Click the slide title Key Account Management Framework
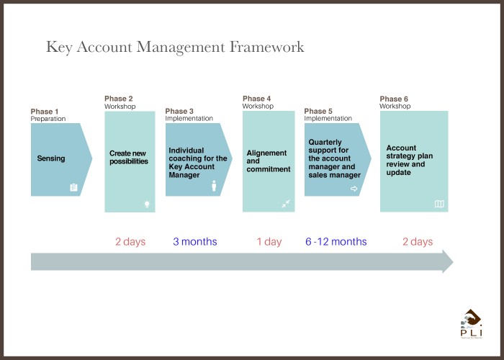pyautogui.click(x=175, y=48)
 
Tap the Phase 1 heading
pyautogui.click(x=45, y=111)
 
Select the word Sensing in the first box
pyautogui.click(x=51, y=158)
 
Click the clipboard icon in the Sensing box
pyautogui.click(x=73, y=187)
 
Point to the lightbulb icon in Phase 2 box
pyautogui.click(x=147, y=204)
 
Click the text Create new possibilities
pyautogui.click(x=129, y=157)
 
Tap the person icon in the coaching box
pyautogui.click(x=214, y=186)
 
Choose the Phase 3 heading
pyautogui.click(x=179, y=111)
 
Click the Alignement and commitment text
pyautogui.click(x=269, y=161)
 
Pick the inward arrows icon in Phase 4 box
pyautogui.click(x=286, y=204)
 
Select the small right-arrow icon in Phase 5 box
pyautogui.click(x=354, y=189)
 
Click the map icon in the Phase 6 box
pyautogui.click(x=439, y=204)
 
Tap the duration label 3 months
pyautogui.click(x=195, y=241)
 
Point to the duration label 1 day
pyautogui.click(x=269, y=241)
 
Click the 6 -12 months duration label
pyautogui.click(x=336, y=241)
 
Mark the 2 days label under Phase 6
pyautogui.click(x=418, y=241)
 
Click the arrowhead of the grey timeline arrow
pyautogui.click(x=448, y=261)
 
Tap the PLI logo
pyautogui.click(x=471, y=324)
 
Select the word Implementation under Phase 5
pyautogui.click(x=328, y=118)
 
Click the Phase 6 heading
pyautogui.click(x=394, y=99)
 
